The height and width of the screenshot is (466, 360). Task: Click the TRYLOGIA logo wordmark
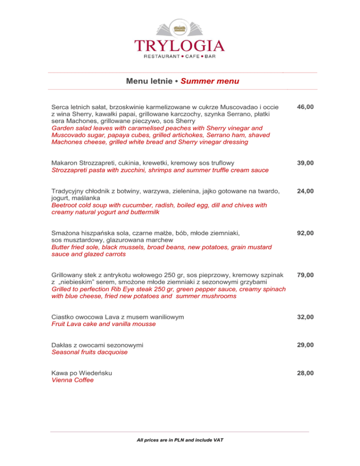180,45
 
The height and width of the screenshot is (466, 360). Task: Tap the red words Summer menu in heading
210,81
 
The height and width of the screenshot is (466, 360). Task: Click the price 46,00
305,107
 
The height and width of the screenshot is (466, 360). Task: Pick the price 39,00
305,163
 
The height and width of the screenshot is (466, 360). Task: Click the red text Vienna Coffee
73,380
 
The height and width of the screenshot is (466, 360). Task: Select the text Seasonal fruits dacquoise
90,352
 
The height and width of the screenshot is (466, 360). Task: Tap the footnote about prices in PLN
180,441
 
